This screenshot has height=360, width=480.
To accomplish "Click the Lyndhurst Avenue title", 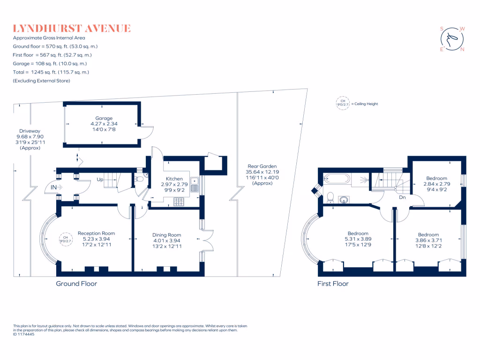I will point(72,29).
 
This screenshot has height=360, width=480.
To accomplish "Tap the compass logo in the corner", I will point(452,39).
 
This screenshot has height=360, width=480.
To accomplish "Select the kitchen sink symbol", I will point(199,186).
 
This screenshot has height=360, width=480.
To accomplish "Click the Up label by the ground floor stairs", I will point(100,179).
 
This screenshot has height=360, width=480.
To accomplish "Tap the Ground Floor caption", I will point(76,283).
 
